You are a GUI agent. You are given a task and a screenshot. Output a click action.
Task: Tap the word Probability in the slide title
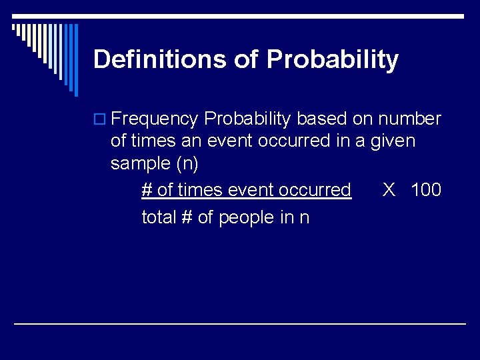(332, 60)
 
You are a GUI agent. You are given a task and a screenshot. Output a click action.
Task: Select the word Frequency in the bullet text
(155, 119)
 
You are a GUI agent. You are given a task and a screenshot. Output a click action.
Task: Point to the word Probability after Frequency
(247, 119)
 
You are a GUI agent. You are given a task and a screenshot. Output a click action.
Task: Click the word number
(409, 119)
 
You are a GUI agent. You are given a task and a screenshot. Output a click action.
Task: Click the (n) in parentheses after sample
(185, 164)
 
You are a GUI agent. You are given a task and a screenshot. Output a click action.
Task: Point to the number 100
(426, 190)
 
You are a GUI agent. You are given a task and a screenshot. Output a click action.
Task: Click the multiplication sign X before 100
(389, 190)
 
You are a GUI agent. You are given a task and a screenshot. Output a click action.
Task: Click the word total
(159, 217)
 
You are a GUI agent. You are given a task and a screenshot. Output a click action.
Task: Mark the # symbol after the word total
(187, 217)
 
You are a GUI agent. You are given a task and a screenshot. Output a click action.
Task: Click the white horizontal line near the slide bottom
(240, 323)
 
